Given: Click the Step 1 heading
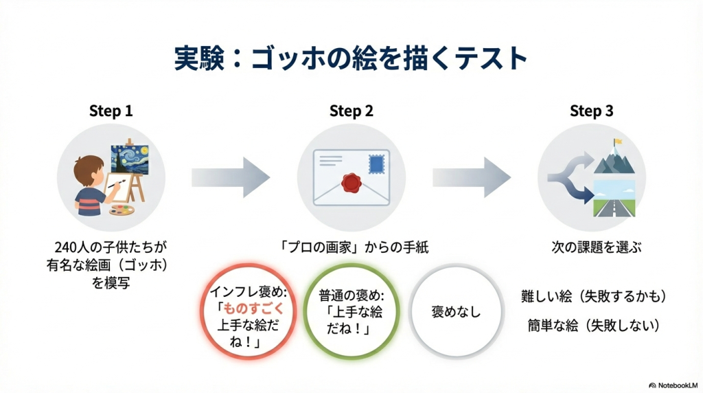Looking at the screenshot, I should [111, 111].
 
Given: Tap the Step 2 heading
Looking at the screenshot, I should [351, 111].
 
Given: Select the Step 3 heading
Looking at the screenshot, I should [591, 111].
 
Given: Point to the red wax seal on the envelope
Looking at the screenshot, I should [350, 182].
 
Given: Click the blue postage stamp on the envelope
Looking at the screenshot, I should [378, 164].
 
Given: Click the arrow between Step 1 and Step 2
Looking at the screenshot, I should [231, 177].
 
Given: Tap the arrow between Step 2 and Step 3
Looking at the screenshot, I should [471, 177].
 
